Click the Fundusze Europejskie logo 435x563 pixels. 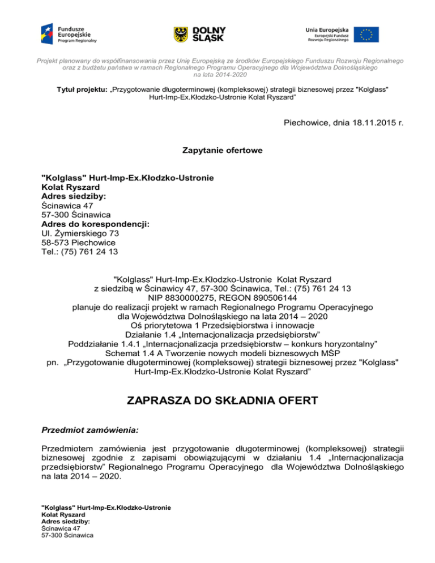tap(69, 33)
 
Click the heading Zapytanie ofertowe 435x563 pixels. tap(217, 151)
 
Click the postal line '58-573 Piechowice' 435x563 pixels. tap(78, 242)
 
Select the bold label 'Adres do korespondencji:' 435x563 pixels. tap(96, 224)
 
